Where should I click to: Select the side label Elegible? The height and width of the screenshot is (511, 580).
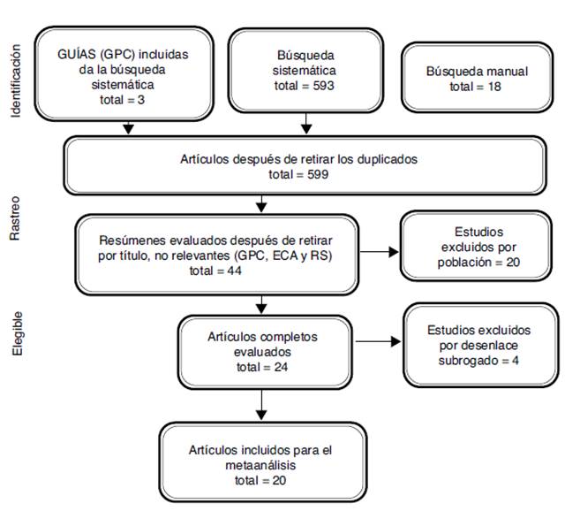point(15,334)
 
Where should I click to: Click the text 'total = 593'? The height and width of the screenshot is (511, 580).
point(305,86)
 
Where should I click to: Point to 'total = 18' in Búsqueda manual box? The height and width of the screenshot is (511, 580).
point(477,87)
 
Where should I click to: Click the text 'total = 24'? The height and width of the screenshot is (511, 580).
point(260,366)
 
